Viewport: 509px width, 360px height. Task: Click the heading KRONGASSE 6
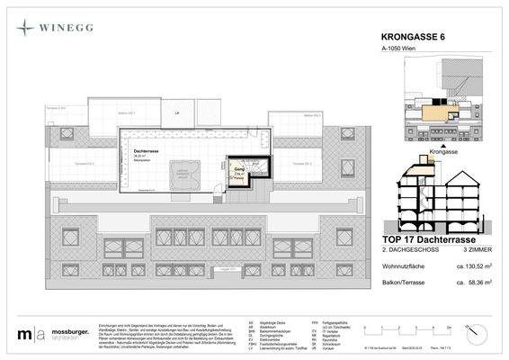pyautogui.click(x=406, y=38)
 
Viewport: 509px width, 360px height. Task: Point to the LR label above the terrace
pyautogui.click(x=177, y=112)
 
